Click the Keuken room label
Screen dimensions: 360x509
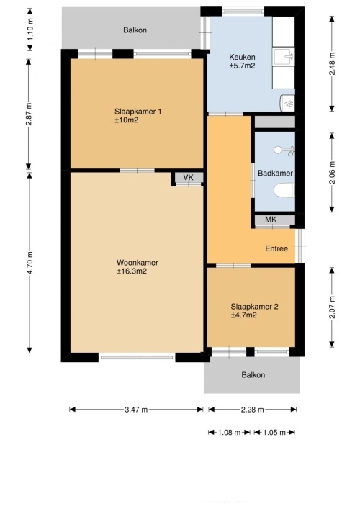(x=242, y=57)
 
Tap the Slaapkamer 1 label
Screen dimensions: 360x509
(x=138, y=112)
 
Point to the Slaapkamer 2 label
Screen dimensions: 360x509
(x=254, y=307)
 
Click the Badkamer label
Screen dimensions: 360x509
(x=275, y=173)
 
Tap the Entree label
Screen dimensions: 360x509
(x=276, y=248)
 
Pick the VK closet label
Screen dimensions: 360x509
(x=188, y=177)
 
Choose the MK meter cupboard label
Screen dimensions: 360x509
(x=271, y=220)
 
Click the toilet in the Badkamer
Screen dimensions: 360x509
(x=284, y=190)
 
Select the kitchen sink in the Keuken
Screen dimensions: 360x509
(x=284, y=57)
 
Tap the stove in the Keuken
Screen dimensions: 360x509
(x=287, y=103)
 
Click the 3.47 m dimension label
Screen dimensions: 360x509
(x=136, y=410)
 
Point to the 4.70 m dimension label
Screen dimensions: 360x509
(x=30, y=263)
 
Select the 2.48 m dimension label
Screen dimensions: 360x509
(x=332, y=63)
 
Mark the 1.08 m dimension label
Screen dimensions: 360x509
(x=229, y=433)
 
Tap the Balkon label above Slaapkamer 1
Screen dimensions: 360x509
(x=135, y=30)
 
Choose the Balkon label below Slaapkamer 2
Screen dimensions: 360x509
(x=253, y=375)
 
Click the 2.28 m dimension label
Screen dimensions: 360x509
(x=252, y=410)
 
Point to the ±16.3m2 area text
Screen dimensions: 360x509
(x=132, y=271)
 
